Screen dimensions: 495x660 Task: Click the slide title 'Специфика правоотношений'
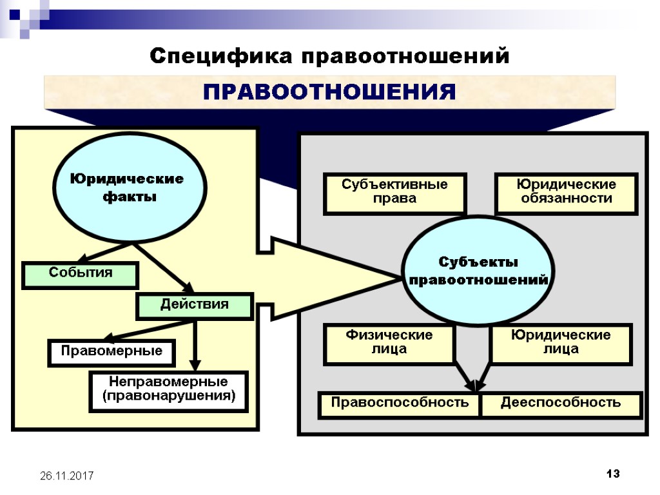point(329,56)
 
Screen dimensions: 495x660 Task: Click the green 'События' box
point(81,274)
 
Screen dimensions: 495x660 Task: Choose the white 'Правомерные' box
point(112,352)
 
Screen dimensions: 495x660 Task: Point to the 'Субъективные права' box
point(394,193)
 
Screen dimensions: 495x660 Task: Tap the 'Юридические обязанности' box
point(566,193)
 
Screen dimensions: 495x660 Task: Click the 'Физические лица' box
point(389,344)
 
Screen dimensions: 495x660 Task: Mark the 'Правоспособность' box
point(400,404)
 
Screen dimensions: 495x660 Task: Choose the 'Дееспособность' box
point(561,404)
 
